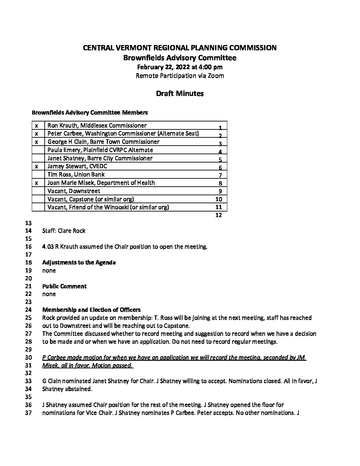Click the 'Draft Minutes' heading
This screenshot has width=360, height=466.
click(180, 93)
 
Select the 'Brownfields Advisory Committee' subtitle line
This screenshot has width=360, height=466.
click(180, 58)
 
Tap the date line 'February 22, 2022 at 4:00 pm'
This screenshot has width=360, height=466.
click(180, 67)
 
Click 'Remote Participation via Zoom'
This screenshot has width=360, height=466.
click(180, 76)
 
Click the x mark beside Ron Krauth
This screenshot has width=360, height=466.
click(36, 125)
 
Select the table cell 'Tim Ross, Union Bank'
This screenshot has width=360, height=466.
click(76, 174)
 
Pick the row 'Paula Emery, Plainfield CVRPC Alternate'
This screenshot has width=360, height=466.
click(100, 150)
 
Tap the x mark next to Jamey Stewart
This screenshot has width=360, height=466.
click(36, 166)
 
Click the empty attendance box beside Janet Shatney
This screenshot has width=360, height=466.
click(38, 158)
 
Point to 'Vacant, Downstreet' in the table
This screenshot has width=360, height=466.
click(74, 191)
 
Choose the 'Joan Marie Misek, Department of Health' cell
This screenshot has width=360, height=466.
click(101, 183)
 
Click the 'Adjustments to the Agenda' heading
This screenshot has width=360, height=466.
click(79, 262)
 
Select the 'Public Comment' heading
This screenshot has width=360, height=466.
click(64, 286)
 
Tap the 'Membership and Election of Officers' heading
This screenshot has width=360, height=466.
click(91, 310)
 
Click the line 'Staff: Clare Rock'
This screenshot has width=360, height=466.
click(64, 231)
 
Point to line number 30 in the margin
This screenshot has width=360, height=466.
click(28, 357)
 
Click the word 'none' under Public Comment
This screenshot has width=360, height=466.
click(49, 294)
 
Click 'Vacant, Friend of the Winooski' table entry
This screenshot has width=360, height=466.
click(108, 207)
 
